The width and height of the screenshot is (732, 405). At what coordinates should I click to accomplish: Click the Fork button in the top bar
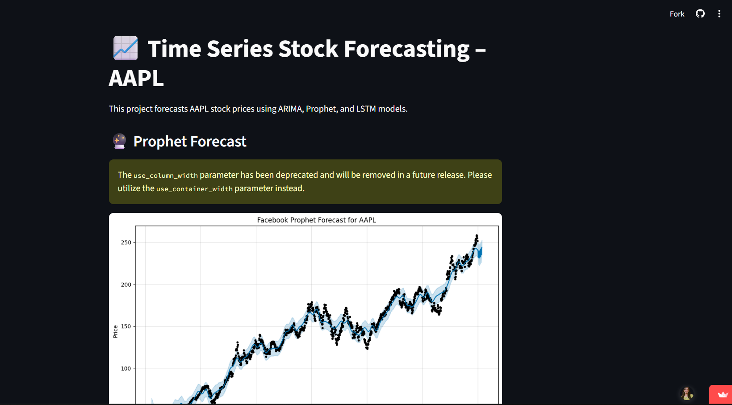tap(677, 14)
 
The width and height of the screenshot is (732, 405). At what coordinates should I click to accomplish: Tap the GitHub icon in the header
tap(700, 14)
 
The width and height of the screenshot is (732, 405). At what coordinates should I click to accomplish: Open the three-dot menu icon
tap(719, 14)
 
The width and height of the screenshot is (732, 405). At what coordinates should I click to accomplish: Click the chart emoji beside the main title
tap(125, 48)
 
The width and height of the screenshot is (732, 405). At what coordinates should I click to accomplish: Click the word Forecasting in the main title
tap(406, 49)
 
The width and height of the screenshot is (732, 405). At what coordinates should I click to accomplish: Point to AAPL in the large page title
tap(136, 79)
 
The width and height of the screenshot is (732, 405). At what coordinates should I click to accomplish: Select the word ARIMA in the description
tap(290, 109)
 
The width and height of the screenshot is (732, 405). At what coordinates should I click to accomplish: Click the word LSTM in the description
tap(366, 109)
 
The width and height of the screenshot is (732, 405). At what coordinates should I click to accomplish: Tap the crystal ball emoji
tap(119, 141)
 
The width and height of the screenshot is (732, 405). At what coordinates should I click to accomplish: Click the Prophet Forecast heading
tap(190, 142)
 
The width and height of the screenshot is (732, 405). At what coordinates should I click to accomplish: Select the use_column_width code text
tap(166, 175)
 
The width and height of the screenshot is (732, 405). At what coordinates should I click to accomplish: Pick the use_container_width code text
tap(194, 189)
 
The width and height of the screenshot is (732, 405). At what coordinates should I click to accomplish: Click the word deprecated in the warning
tap(297, 175)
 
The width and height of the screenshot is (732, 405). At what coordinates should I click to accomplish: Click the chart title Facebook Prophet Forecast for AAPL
tap(316, 220)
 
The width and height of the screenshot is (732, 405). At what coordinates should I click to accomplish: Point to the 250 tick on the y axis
tap(126, 242)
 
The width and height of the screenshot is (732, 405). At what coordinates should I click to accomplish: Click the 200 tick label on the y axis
tap(126, 284)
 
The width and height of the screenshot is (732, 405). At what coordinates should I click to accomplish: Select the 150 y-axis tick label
tap(126, 326)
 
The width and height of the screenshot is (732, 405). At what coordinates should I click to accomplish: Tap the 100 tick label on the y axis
tap(126, 368)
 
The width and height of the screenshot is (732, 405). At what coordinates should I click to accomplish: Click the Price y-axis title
tap(115, 331)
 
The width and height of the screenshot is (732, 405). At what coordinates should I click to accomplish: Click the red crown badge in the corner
tap(720, 395)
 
